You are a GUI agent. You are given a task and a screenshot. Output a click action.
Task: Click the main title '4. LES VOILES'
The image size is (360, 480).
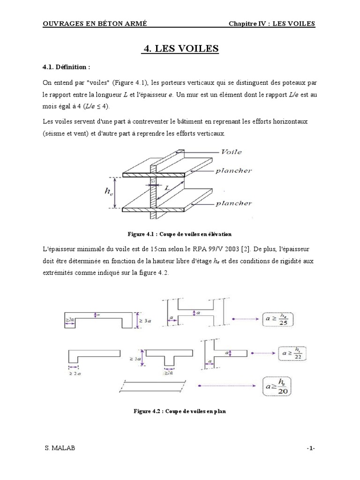180,48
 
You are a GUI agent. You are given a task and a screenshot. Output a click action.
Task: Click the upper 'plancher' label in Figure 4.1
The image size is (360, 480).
233,171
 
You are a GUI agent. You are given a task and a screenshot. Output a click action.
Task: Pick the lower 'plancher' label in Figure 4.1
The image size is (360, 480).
233,203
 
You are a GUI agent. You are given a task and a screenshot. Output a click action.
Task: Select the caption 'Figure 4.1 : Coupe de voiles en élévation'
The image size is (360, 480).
180,233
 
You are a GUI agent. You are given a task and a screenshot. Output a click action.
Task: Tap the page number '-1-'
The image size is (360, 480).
310,449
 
